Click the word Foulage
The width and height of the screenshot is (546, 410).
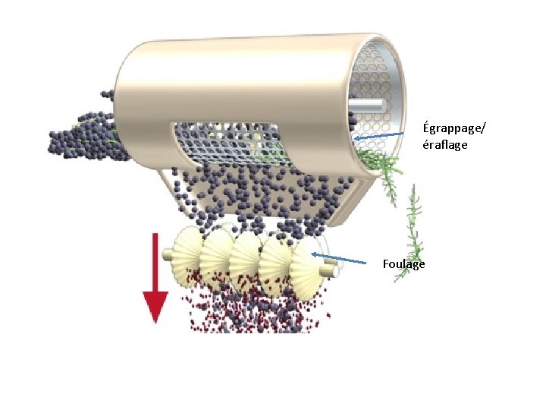tap(404, 264)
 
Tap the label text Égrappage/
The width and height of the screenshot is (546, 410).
tap(453, 127)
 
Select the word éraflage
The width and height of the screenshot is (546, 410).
tap(445, 143)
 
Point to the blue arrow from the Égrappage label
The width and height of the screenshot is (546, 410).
tap(379, 136)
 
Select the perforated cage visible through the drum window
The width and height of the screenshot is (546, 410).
tap(227, 144)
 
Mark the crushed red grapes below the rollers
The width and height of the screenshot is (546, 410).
tap(250, 311)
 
